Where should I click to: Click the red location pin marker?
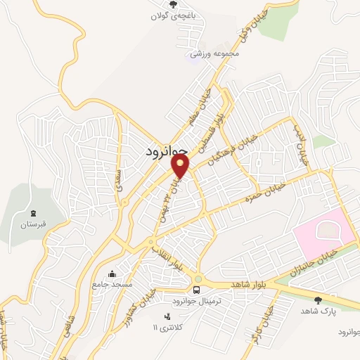tap(181, 166)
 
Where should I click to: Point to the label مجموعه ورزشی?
tap(216, 53)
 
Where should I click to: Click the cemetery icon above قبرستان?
tap(32, 213)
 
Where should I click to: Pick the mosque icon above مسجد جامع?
tap(111, 274)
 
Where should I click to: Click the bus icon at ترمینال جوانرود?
tap(197, 290)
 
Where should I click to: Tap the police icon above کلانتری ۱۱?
tap(167, 316)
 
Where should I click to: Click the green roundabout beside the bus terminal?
tap(198, 278)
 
